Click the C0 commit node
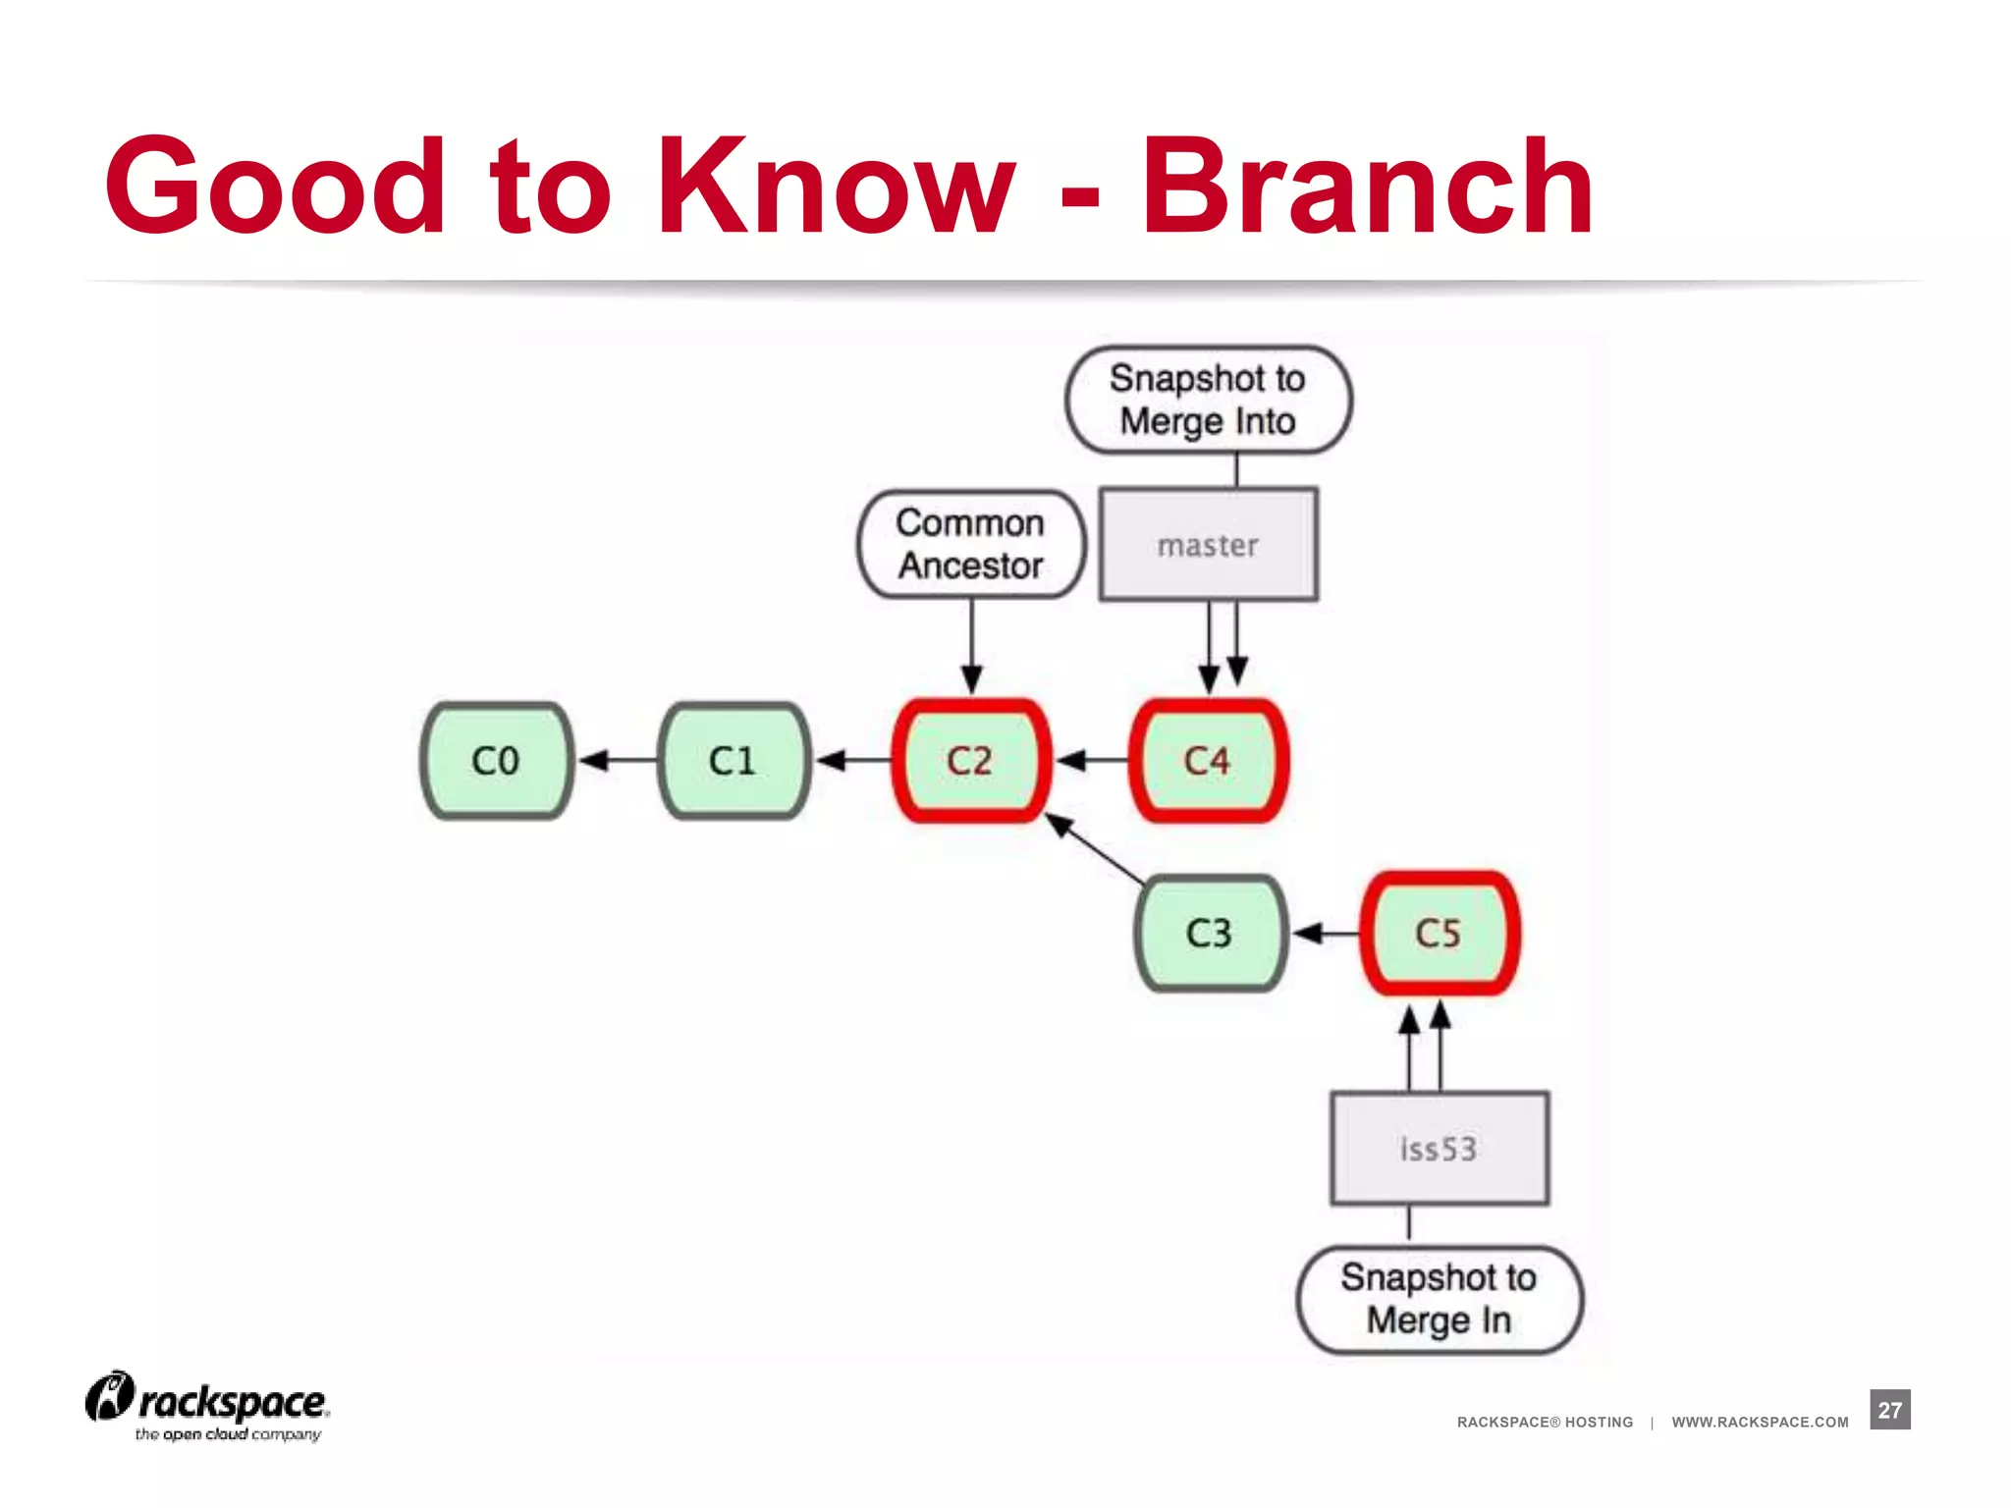point(496,761)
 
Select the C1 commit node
point(734,761)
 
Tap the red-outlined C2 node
point(970,761)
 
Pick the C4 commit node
point(1208,761)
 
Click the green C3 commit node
point(1209,933)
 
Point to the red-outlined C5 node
point(1440,933)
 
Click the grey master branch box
point(1208,545)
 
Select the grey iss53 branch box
point(1440,1148)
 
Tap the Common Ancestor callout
point(971,544)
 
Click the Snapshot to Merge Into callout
point(1208,400)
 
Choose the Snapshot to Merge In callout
point(1440,1299)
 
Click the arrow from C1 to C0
point(618,761)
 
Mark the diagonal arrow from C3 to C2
point(1095,850)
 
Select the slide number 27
point(1889,1410)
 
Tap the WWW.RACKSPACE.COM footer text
point(1760,1422)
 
